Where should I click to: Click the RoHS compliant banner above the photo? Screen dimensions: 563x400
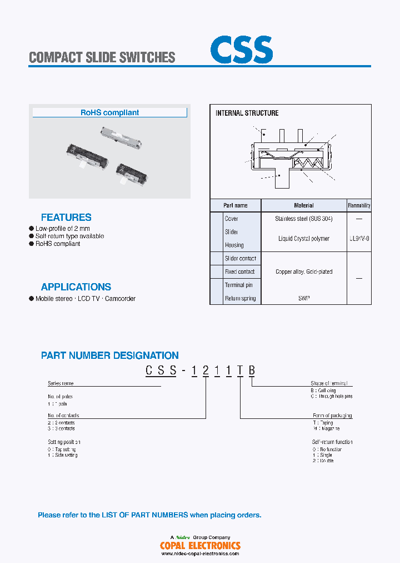point(109,112)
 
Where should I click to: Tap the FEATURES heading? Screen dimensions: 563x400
point(66,218)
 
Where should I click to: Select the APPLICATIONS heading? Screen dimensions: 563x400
point(76,287)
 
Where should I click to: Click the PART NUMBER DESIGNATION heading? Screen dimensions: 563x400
point(110,355)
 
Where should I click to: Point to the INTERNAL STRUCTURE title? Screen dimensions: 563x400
point(247,113)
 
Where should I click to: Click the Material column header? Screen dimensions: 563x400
point(304,205)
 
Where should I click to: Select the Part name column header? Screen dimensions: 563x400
point(236,205)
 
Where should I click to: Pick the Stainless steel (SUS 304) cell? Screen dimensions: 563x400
point(304,219)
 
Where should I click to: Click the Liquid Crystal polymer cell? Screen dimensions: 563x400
point(304,239)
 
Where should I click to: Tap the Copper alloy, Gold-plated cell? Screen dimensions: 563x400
point(304,272)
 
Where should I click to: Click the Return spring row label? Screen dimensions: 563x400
point(240,299)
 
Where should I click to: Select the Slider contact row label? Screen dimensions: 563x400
point(240,259)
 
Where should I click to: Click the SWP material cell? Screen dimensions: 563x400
point(304,299)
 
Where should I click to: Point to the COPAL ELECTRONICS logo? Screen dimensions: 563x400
point(200,546)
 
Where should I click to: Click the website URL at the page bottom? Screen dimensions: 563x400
point(200,554)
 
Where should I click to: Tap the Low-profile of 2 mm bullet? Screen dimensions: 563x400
point(62,229)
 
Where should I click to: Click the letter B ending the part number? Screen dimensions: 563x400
point(252,371)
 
